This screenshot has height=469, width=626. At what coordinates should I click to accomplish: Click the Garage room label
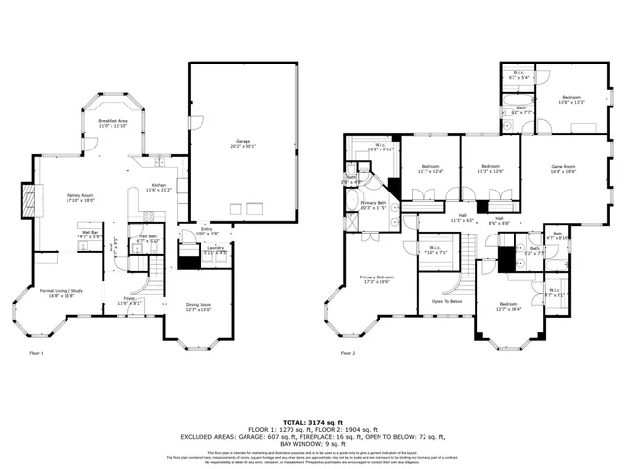(243, 143)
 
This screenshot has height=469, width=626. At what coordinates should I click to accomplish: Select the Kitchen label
(157, 188)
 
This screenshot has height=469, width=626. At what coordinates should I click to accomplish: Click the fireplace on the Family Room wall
(29, 198)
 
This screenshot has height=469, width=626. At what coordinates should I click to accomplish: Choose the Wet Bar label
(90, 234)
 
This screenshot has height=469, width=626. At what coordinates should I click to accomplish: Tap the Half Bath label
(148, 238)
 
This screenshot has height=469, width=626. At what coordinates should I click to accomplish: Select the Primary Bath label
(374, 204)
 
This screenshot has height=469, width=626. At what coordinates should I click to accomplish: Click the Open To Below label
(447, 302)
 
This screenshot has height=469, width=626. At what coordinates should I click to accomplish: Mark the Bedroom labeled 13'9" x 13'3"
(571, 99)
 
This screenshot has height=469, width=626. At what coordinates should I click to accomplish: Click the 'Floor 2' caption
(347, 353)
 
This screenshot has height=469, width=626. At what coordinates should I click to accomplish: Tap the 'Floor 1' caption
(36, 353)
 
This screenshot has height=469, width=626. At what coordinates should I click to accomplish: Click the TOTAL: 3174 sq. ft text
(312, 415)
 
